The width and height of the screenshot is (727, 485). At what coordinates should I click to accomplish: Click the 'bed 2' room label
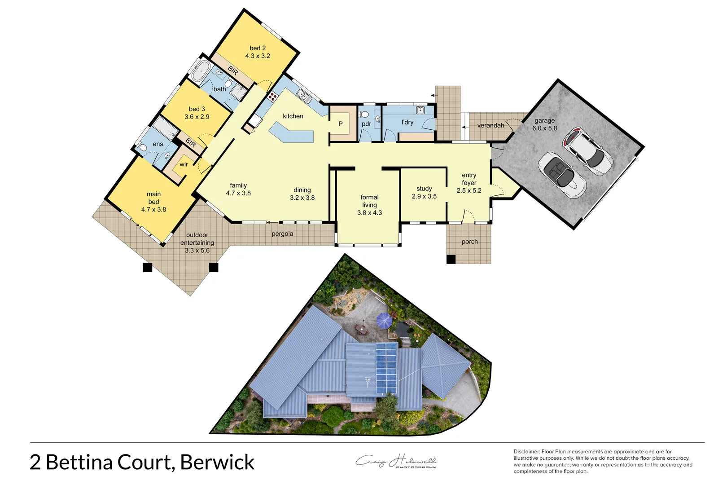click(x=258, y=48)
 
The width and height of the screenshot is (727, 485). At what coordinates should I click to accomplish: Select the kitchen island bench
click(x=292, y=134)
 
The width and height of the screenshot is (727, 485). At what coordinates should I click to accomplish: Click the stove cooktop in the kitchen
click(x=272, y=96)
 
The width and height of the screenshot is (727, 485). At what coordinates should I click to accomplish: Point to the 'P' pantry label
click(x=341, y=124)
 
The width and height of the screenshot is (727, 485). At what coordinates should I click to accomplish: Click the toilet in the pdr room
click(x=364, y=115)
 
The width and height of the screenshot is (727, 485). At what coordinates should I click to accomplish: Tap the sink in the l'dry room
click(x=420, y=110)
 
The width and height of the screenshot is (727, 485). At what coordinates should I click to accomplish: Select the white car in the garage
click(x=588, y=151)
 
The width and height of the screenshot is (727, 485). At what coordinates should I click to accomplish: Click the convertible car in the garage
click(x=562, y=175)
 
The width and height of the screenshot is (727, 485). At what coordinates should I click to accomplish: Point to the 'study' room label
click(x=424, y=189)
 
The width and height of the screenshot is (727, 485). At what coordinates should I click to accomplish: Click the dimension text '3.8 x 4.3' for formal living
click(x=369, y=213)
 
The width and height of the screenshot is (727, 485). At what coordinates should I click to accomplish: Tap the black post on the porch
click(x=451, y=259)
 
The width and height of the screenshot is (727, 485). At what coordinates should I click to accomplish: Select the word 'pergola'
click(x=282, y=234)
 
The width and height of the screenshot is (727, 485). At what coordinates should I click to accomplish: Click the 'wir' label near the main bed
click(x=184, y=164)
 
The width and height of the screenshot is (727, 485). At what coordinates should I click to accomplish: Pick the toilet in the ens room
click(x=142, y=147)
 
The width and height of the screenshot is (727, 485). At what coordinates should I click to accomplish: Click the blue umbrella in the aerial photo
click(x=384, y=320)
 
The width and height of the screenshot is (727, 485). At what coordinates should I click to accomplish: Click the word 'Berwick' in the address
click(x=217, y=463)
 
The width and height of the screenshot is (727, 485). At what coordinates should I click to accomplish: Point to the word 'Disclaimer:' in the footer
click(x=527, y=452)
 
